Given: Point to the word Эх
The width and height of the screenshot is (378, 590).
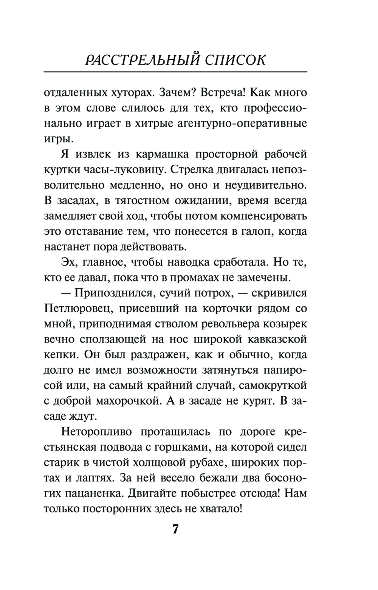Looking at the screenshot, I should click(x=67, y=262).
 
